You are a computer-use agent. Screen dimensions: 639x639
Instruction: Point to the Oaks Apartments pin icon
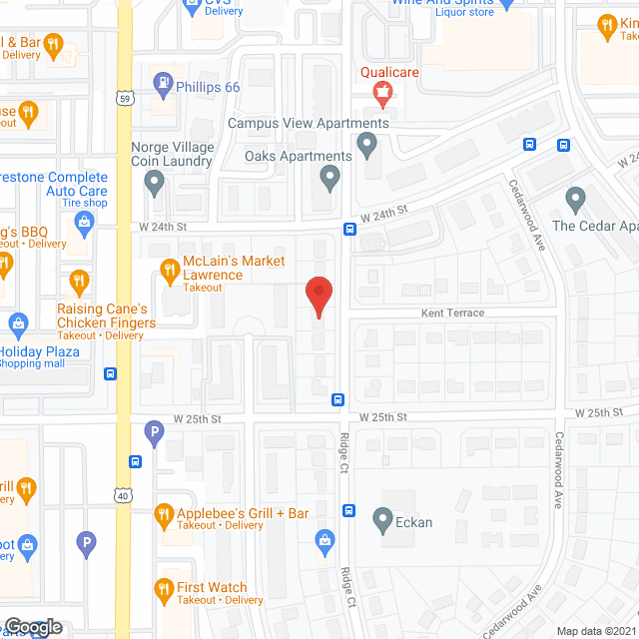[x=330, y=180]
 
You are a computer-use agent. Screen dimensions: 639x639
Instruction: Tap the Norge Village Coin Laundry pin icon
[x=154, y=182]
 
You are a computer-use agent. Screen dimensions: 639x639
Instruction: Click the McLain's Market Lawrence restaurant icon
[x=168, y=270]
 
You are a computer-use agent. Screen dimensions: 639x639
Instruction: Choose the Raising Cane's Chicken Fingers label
[x=106, y=316]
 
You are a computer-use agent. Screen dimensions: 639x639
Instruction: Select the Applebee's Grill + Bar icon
[x=163, y=514]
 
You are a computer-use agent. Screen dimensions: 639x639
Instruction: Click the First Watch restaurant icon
[x=163, y=589]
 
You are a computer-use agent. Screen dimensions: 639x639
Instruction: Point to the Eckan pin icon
[x=381, y=519]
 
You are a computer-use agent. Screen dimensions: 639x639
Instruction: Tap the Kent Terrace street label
[x=451, y=314]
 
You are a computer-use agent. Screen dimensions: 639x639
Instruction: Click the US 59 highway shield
[x=124, y=99]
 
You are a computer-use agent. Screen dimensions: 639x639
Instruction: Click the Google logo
[x=32, y=627]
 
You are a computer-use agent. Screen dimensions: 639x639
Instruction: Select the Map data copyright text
[x=596, y=631]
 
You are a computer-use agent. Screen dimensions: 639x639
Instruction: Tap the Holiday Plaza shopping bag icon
[x=16, y=323]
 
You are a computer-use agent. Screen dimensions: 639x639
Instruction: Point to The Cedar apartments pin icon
[x=574, y=198]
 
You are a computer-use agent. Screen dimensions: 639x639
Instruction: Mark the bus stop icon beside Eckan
[x=349, y=511]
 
